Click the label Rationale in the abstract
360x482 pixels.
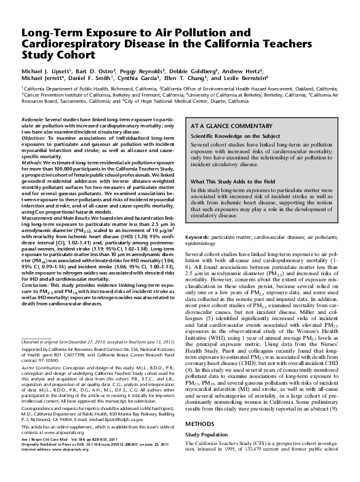click(x=33, y=117)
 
